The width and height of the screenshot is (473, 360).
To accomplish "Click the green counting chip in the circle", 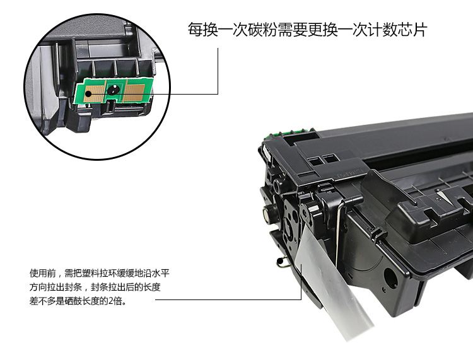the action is [x=114, y=91].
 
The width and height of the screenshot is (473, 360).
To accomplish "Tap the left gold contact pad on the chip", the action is [x=93, y=93].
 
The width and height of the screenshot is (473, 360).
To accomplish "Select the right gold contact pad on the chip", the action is [x=134, y=93].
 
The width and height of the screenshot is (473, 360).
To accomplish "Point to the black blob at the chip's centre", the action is [x=114, y=89].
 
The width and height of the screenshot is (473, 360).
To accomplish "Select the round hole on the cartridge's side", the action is [x=390, y=276].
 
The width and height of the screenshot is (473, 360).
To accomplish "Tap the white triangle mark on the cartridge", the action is [x=443, y=196].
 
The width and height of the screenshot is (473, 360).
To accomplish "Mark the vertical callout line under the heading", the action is [x=218, y=71].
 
